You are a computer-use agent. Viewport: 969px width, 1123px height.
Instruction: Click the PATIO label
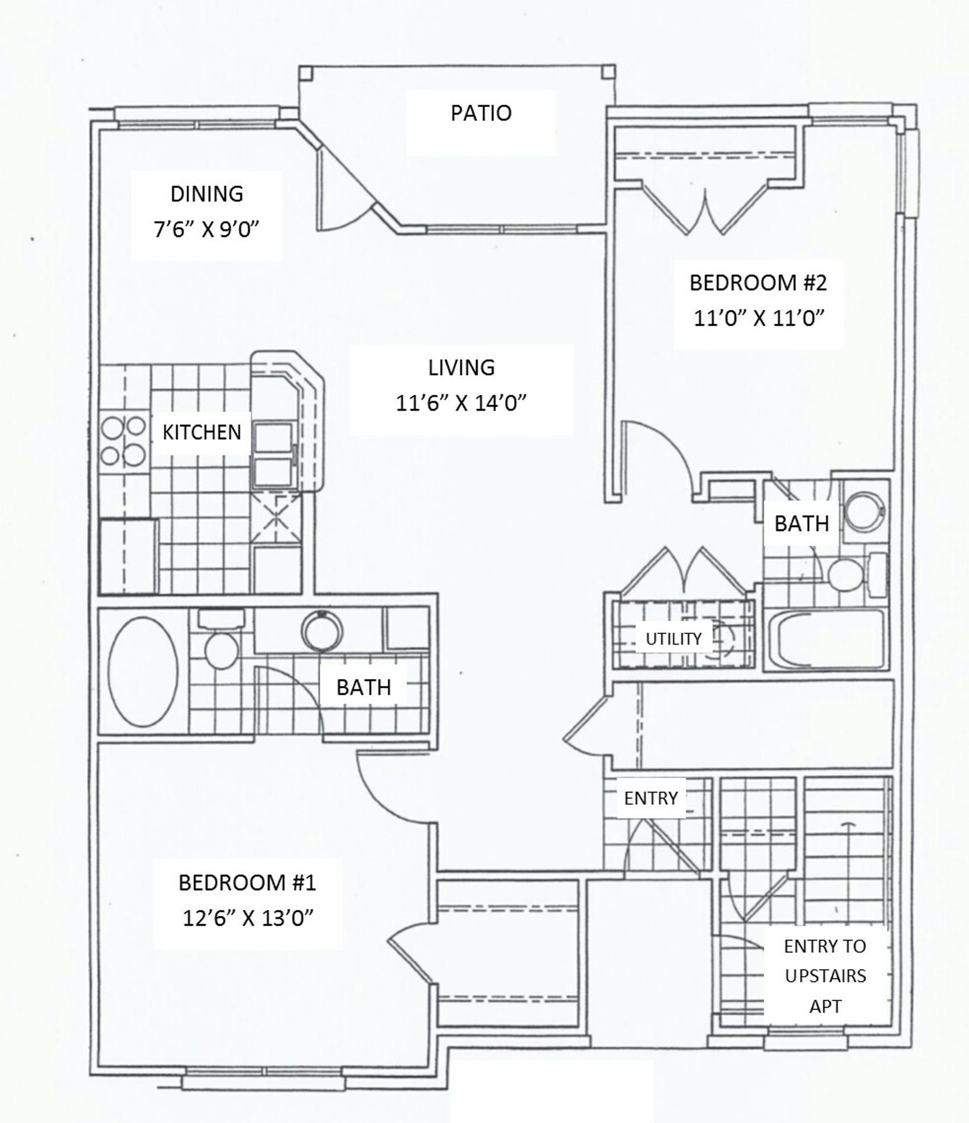[x=481, y=113]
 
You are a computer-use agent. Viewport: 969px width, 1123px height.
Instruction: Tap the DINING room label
[x=206, y=194]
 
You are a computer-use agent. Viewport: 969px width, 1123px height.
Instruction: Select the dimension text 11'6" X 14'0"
[x=461, y=403]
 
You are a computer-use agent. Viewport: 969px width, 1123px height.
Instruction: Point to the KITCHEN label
[x=202, y=432]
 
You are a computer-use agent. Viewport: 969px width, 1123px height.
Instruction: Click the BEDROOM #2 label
[x=758, y=283]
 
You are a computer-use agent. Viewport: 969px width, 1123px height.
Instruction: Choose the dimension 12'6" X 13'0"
[x=248, y=918]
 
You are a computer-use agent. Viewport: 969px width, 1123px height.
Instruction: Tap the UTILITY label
[x=673, y=639]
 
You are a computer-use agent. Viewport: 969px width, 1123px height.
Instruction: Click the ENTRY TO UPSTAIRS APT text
[x=825, y=976]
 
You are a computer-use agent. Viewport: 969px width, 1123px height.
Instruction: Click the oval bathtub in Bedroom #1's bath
[x=143, y=671]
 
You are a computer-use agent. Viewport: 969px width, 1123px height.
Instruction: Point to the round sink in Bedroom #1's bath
[x=322, y=631]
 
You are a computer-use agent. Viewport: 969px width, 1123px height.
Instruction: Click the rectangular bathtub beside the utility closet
[x=826, y=640]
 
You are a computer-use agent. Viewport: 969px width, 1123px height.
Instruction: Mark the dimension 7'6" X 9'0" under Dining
[x=206, y=229]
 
